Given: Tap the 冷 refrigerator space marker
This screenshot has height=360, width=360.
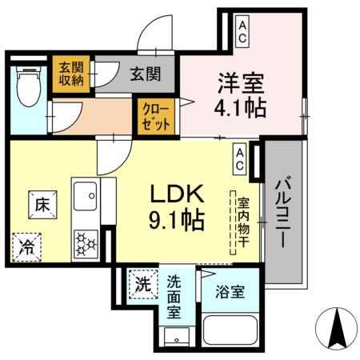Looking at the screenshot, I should (27, 246).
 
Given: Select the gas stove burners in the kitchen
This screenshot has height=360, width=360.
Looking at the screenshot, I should (86, 242).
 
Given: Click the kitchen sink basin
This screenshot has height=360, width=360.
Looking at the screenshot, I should (84, 194).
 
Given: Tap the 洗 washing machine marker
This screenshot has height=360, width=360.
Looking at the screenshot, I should (142, 283).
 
